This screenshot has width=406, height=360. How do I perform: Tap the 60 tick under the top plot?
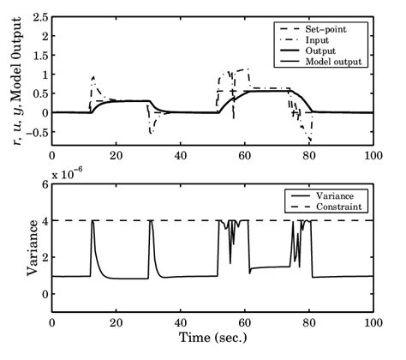coord(245,155)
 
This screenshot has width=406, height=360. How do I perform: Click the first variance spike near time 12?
coord(93,222)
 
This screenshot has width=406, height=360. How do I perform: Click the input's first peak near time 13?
coord(93,77)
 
